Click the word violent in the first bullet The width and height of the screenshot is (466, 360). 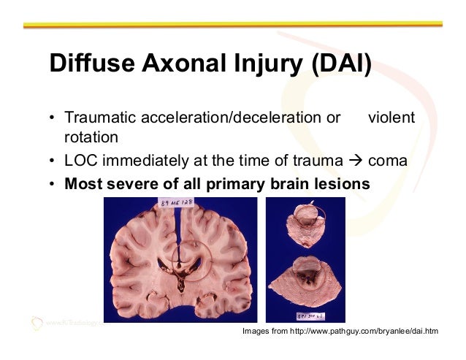[391, 118]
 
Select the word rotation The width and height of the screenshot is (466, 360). [91, 137]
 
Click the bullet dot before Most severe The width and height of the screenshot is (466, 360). [53, 183]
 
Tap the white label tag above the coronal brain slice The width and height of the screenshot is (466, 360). [177, 202]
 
